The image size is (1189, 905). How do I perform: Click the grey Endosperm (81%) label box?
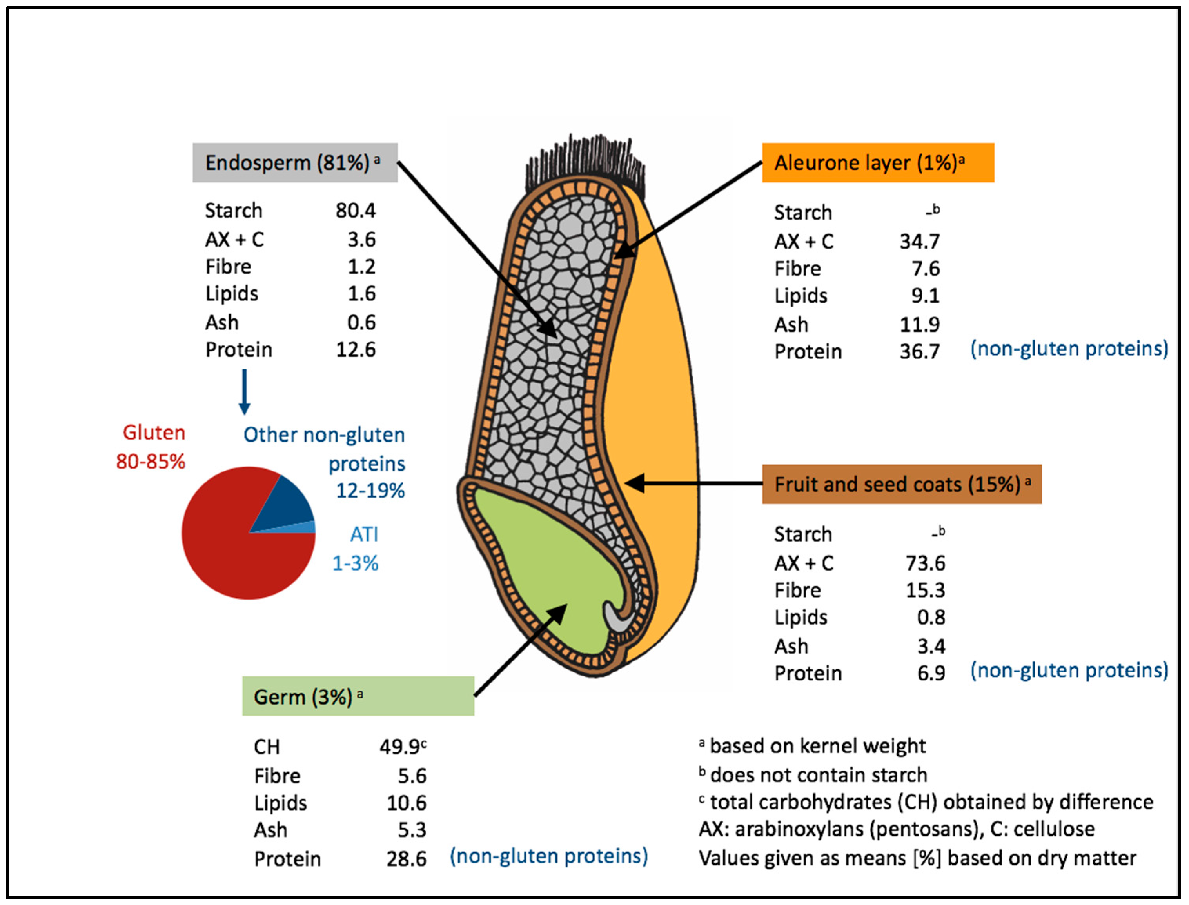[x=294, y=163]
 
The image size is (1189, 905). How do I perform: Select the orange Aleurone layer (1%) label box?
[x=877, y=163]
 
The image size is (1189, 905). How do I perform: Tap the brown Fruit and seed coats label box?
[x=901, y=484]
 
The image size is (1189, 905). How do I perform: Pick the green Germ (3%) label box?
[x=358, y=696]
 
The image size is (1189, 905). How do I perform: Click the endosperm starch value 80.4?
[x=356, y=211]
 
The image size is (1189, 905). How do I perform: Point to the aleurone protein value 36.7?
[x=919, y=352]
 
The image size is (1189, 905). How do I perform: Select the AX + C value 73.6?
[x=925, y=563]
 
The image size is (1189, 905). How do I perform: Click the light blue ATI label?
[x=364, y=534]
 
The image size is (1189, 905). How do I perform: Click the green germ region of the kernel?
[x=544, y=571]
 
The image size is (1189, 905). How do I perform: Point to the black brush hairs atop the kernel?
[x=584, y=162]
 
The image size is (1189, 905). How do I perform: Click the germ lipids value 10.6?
[x=406, y=803]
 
